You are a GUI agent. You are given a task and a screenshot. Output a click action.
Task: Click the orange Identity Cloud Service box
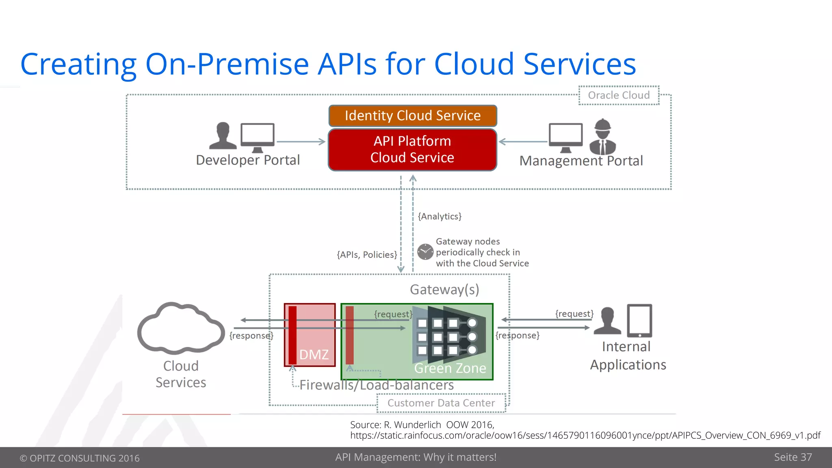(412, 116)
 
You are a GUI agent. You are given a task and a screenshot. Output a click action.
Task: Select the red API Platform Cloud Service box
(412, 149)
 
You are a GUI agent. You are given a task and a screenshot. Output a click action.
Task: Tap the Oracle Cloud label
(618, 95)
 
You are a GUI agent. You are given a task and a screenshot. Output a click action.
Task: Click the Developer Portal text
(248, 160)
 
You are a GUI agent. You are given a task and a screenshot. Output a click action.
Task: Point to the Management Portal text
(581, 161)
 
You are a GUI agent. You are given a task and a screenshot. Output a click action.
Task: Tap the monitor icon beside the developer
(258, 137)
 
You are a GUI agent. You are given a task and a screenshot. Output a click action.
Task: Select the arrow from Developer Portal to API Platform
(301, 142)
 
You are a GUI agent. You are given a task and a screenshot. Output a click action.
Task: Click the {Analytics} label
(440, 216)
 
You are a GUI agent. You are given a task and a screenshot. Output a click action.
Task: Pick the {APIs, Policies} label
(367, 255)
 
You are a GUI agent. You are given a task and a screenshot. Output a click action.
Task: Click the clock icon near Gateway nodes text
(425, 252)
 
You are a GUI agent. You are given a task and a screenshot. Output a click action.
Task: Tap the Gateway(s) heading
(444, 290)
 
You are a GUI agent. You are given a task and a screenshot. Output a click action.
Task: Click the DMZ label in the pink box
(314, 355)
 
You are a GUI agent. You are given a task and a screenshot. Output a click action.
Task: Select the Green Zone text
(450, 368)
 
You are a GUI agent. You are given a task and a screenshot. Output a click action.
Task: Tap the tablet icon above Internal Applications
(639, 321)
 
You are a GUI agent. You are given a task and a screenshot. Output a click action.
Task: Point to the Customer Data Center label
(441, 403)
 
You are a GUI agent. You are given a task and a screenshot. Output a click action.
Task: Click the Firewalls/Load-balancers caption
(377, 385)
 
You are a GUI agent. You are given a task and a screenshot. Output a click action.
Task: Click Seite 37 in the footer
(793, 457)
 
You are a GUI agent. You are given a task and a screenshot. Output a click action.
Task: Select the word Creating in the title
(78, 64)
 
